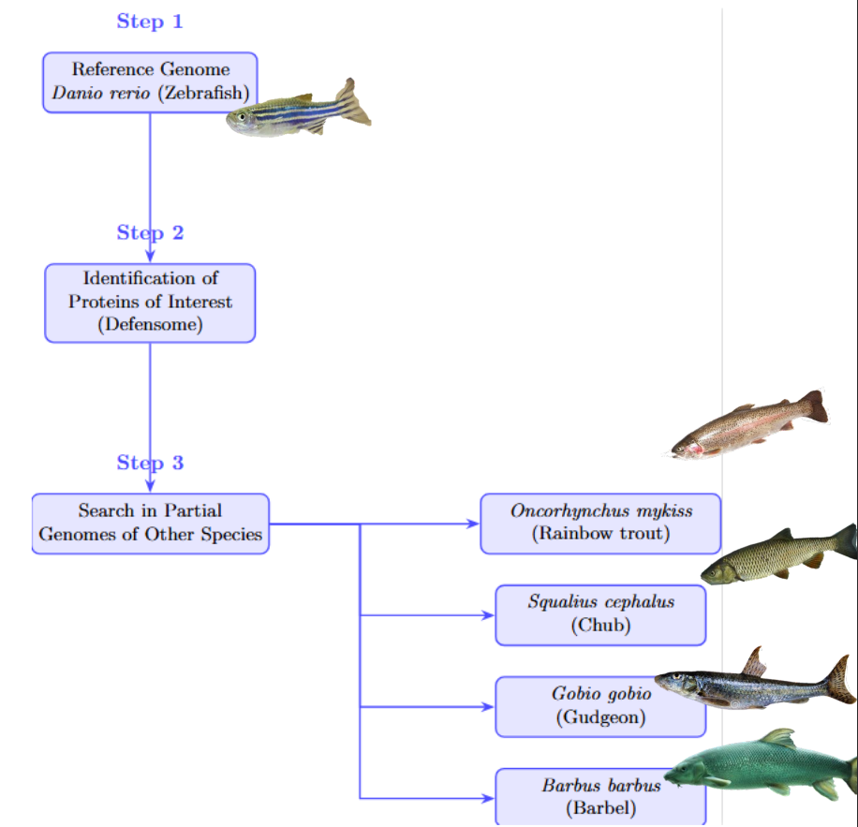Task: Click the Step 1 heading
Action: pyautogui.click(x=150, y=22)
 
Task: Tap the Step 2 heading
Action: pyautogui.click(x=150, y=233)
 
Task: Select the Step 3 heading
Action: pyautogui.click(x=150, y=463)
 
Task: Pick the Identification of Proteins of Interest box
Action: pyautogui.click(x=150, y=303)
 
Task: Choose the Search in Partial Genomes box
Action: pyautogui.click(x=150, y=524)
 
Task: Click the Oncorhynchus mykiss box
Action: pyautogui.click(x=600, y=524)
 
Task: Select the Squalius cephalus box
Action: pyautogui.click(x=600, y=614)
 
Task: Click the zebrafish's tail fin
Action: pyautogui.click(x=353, y=103)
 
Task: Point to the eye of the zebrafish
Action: pyautogui.click(x=242, y=117)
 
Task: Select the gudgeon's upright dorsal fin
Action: pyautogui.click(x=754, y=661)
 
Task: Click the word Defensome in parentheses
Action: pyautogui.click(x=150, y=325)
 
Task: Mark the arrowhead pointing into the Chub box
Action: pyautogui.click(x=488, y=615)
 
